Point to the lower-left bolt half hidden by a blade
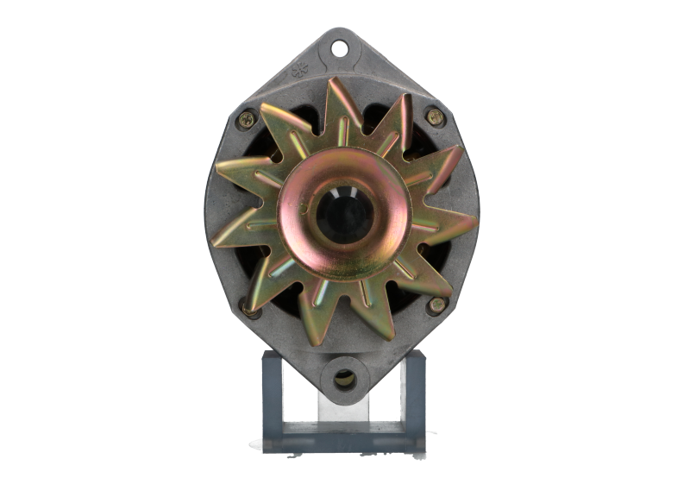[x=247, y=305]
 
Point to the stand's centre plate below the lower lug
[x=344, y=414]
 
